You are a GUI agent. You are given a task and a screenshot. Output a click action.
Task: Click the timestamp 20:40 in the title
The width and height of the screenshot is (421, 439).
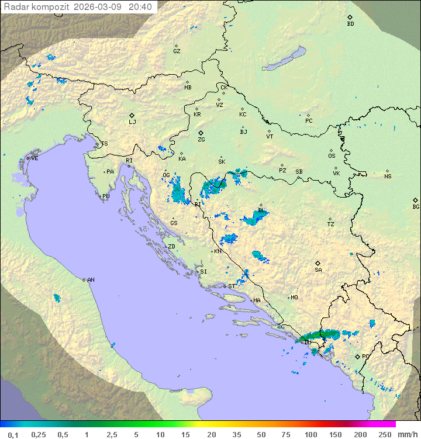tap(140, 7)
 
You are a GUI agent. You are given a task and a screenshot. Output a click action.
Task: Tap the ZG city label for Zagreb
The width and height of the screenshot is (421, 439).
tap(201, 140)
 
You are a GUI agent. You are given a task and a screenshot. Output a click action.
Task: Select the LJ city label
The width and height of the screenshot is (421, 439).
tap(132, 122)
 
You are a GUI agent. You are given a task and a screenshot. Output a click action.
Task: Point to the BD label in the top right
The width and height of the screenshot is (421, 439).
tap(350, 24)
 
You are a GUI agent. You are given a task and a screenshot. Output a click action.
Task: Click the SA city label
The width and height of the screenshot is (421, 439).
tap(318, 270)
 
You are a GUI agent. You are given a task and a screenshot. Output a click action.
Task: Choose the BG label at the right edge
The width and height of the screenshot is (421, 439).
tap(416, 207)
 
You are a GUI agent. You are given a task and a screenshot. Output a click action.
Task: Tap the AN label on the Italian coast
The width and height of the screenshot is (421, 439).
tap(91, 280)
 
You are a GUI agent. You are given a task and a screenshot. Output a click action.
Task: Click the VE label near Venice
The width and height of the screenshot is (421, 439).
tap(34, 158)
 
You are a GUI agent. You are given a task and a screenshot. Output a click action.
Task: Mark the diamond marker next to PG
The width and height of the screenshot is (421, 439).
tap(357, 356)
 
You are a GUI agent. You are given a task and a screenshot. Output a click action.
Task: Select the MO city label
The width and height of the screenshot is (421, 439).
tap(294, 298)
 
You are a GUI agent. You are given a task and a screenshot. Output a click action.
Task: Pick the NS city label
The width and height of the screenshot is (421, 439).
tap(388, 177)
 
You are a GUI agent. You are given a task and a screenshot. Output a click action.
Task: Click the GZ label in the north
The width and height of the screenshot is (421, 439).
tap(177, 51)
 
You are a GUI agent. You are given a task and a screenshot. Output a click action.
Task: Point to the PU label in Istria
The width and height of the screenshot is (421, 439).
tap(106, 196)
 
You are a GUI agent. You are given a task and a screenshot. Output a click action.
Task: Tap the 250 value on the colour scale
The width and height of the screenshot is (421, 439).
tap(384, 434)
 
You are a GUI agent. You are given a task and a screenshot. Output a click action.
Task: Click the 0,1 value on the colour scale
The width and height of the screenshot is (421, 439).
tap(13, 434)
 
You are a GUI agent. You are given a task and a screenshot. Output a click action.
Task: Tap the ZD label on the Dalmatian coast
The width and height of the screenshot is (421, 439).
tap(171, 247)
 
